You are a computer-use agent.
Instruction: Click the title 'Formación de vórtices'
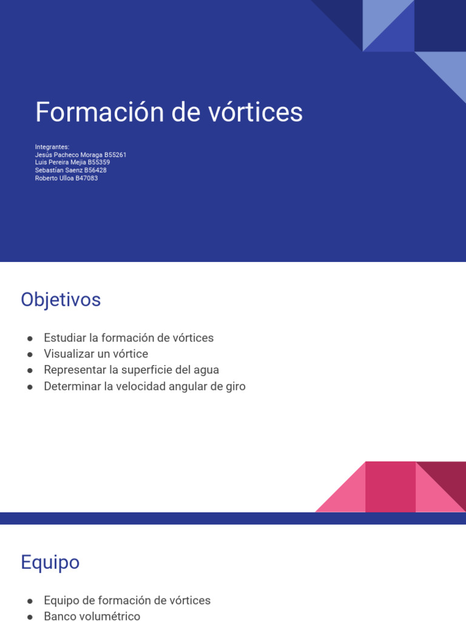[x=169, y=112]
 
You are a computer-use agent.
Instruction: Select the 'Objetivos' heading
[x=61, y=300]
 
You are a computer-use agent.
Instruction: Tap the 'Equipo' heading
[x=50, y=562]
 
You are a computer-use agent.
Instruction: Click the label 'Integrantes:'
[x=52, y=147]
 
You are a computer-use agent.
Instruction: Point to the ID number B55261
[x=115, y=155]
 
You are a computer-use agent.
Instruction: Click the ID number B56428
[x=95, y=170]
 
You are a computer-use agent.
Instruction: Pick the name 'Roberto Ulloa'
[x=54, y=178]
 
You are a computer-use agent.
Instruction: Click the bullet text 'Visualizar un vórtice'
[x=96, y=354]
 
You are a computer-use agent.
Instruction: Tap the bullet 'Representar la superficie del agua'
[x=131, y=370]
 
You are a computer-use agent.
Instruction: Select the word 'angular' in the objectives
[x=181, y=386]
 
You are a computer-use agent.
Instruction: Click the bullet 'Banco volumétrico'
[x=92, y=616]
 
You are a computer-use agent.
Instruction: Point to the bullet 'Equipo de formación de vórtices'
[x=127, y=600]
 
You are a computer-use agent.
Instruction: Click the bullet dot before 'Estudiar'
[x=29, y=338]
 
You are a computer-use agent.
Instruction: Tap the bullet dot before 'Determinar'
[x=29, y=387]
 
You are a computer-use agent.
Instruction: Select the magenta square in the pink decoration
[x=390, y=486]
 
